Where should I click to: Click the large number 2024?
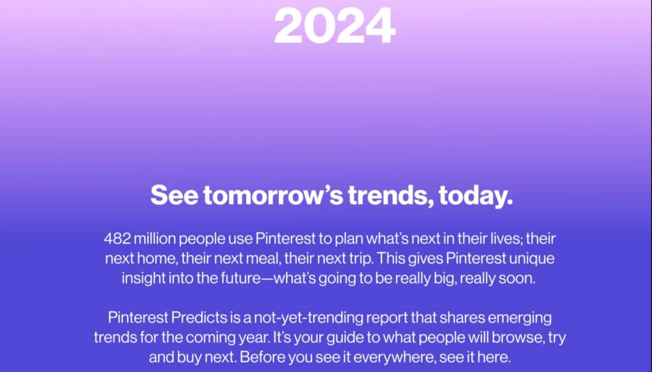(x=334, y=25)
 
